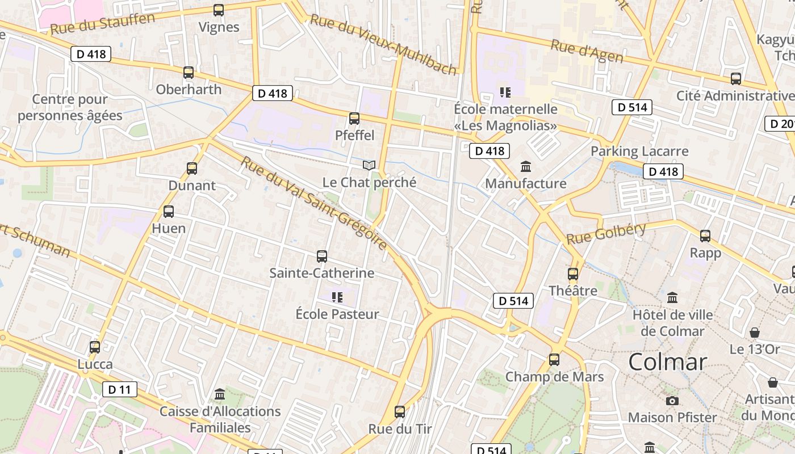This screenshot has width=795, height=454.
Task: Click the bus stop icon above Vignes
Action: coord(218,10)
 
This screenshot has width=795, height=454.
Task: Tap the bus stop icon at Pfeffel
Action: coord(354,119)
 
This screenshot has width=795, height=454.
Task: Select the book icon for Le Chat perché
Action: coord(369,165)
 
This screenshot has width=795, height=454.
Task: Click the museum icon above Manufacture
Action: coord(526,167)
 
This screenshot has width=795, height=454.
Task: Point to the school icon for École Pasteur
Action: coord(337,297)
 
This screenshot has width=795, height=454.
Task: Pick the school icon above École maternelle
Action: coord(505,92)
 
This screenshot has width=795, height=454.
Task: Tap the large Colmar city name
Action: coord(667,362)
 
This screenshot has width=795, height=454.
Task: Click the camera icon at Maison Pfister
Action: coord(672,401)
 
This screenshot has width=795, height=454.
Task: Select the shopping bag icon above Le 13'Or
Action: coord(755,333)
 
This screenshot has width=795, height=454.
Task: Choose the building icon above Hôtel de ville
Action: coord(672,297)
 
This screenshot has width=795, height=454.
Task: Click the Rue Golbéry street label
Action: coord(606,233)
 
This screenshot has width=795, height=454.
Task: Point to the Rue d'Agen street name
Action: coord(587,52)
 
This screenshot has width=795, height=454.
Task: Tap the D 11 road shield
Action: coord(120,389)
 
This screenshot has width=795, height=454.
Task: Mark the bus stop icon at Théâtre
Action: coord(573,274)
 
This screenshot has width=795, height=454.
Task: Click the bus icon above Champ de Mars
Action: coord(554,360)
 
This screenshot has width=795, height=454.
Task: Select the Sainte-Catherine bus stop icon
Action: coord(322,257)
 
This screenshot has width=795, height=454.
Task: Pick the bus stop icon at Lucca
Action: coord(95,347)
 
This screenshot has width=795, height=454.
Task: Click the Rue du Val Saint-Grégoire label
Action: coord(313,204)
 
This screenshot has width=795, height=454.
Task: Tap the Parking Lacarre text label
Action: coord(639,152)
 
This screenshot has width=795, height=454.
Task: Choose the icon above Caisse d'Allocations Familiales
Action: coord(220,394)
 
